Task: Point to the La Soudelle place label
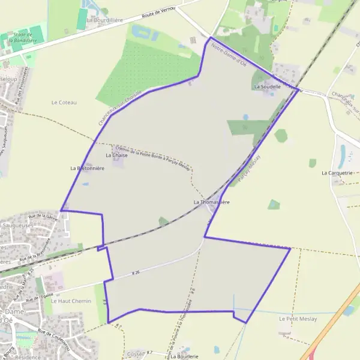(268, 86)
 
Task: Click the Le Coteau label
(64, 103)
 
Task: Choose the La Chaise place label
(116, 155)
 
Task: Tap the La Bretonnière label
(88, 169)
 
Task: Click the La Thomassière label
(211, 202)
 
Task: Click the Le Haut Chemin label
(71, 301)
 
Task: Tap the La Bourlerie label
(184, 356)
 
